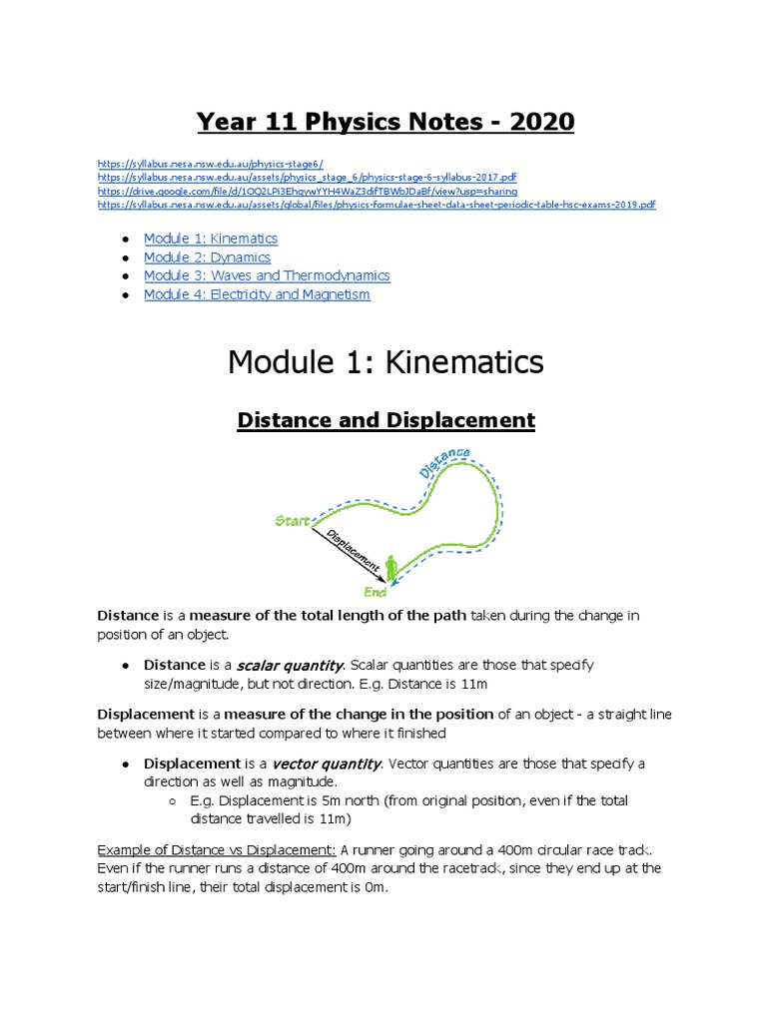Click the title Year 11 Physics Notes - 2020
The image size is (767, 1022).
pyautogui.click(x=385, y=122)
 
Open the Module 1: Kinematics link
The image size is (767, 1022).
pyautogui.click(x=211, y=239)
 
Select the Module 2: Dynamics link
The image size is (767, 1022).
pyautogui.click(x=207, y=257)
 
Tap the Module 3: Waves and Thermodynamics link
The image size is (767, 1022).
pyautogui.click(x=267, y=275)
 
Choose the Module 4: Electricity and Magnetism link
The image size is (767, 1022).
pyautogui.click(x=257, y=294)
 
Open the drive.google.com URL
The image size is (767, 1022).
pyautogui.click(x=308, y=191)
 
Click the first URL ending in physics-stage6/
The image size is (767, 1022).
pyautogui.click(x=210, y=164)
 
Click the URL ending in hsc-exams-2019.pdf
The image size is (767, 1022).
pyautogui.click(x=377, y=205)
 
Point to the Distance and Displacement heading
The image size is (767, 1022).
pyautogui.click(x=385, y=420)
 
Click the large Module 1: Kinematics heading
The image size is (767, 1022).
pyautogui.click(x=385, y=361)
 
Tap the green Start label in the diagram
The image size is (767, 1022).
pyautogui.click(x=292, y=521)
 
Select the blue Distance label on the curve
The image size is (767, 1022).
pyautogui.click(x=444, y=463)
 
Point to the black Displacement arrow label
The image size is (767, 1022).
pyautogui.click(x=353, y=551)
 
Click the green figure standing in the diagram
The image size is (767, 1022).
pyautogui.click(x=390, y=569)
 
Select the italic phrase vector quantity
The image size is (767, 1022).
pyautogui.click(x=320, y=764)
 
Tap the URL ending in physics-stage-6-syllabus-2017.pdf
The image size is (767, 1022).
pyautogui.click(x=308, y=178)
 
